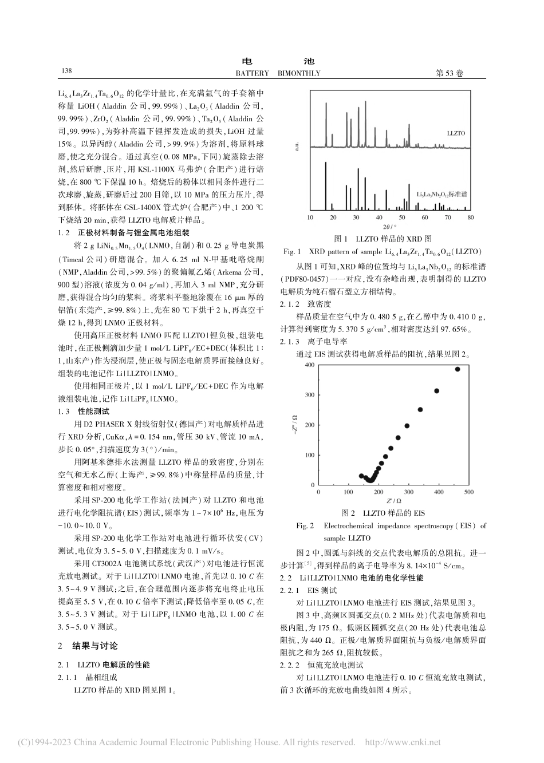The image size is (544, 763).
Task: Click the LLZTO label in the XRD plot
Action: pyautogui.click(x=456, y=133)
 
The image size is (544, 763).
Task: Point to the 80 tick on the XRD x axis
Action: pyautogui.click(x=470, y=218)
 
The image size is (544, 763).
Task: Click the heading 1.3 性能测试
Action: pyautogui.click(x=84, y=411)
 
